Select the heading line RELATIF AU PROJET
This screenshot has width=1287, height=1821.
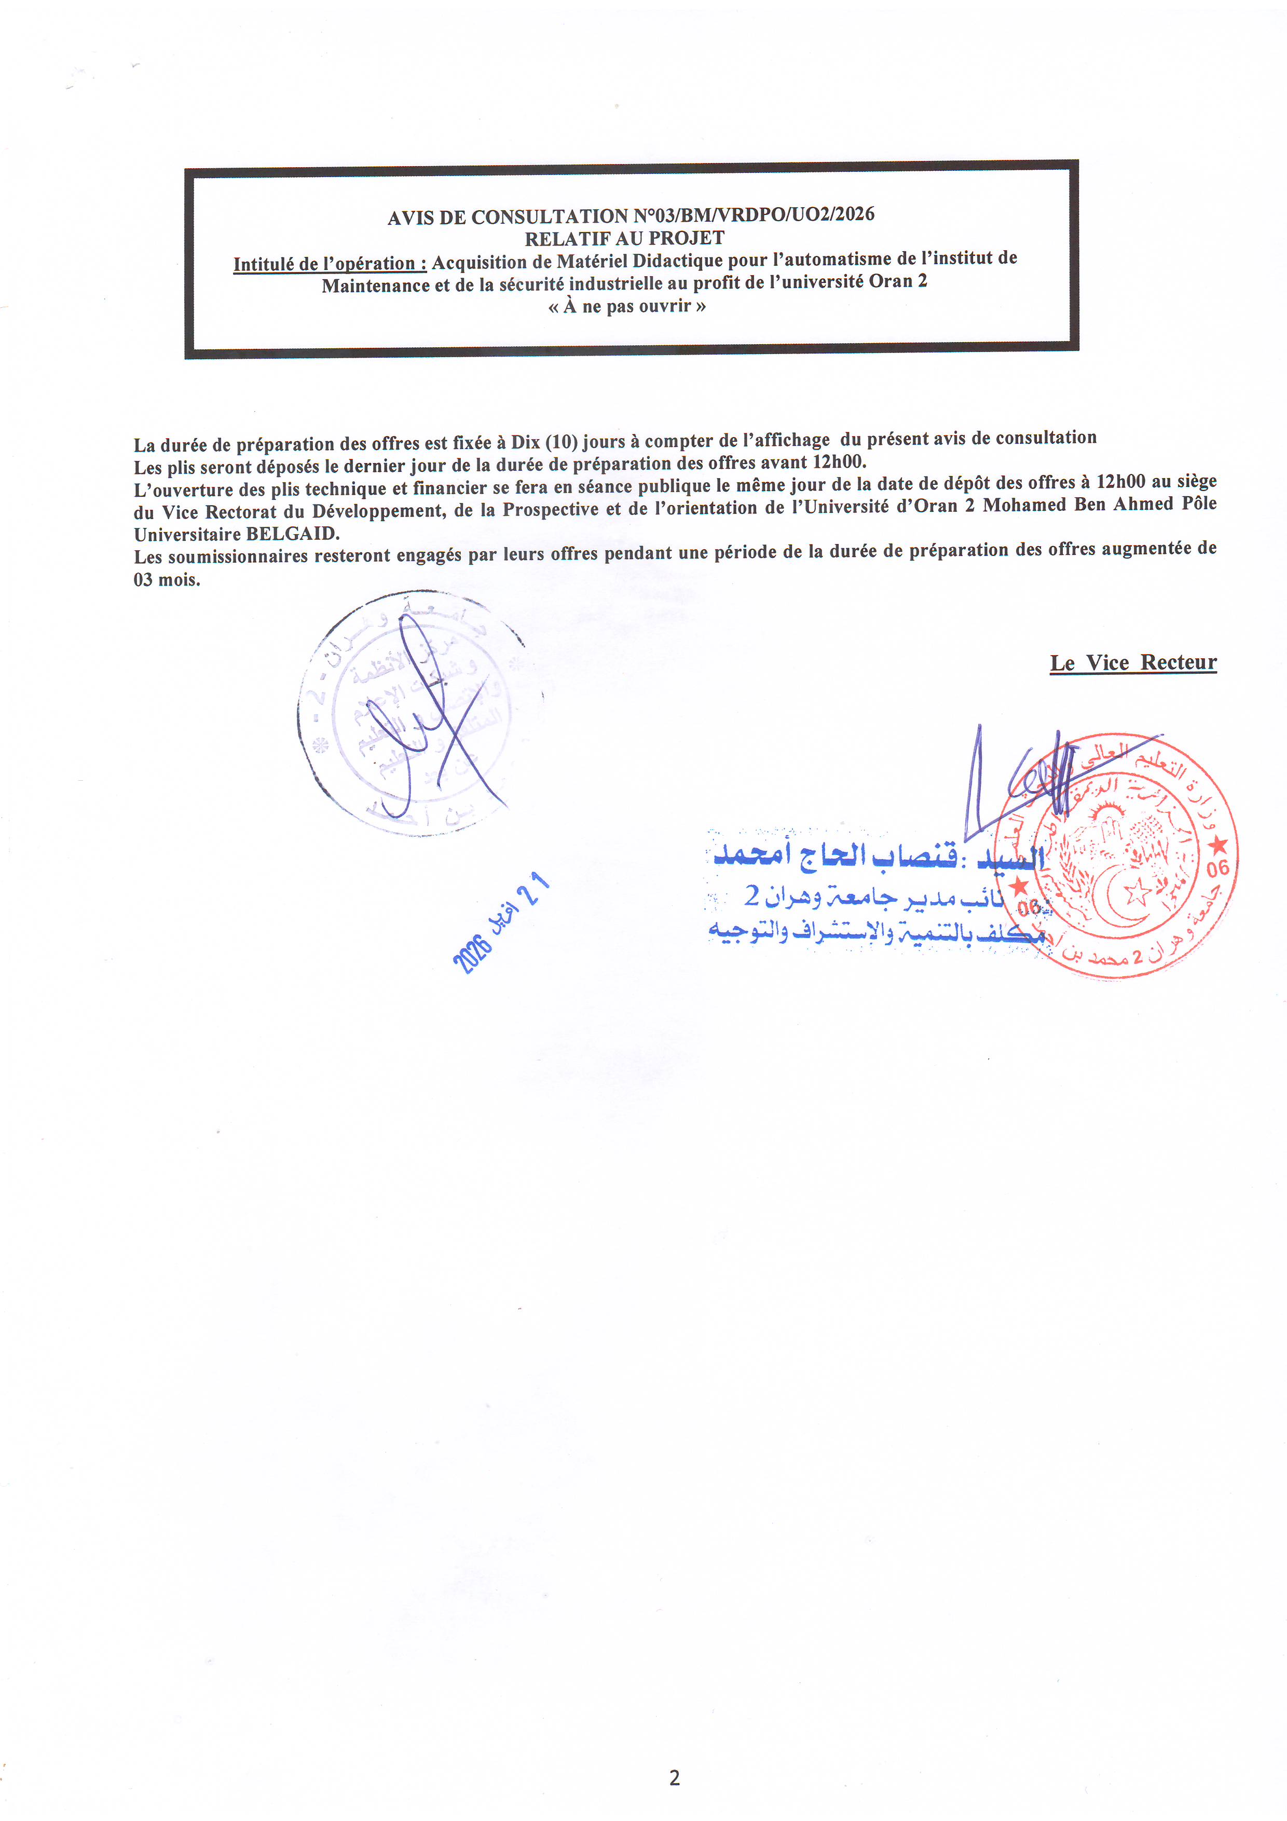point(624,238)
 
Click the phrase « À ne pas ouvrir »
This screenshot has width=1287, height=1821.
point(626,306)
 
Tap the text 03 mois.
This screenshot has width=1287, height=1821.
point(167,579)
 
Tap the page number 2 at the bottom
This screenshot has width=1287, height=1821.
point(674,1777)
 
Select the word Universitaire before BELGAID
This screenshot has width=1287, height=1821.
point(187,534)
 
